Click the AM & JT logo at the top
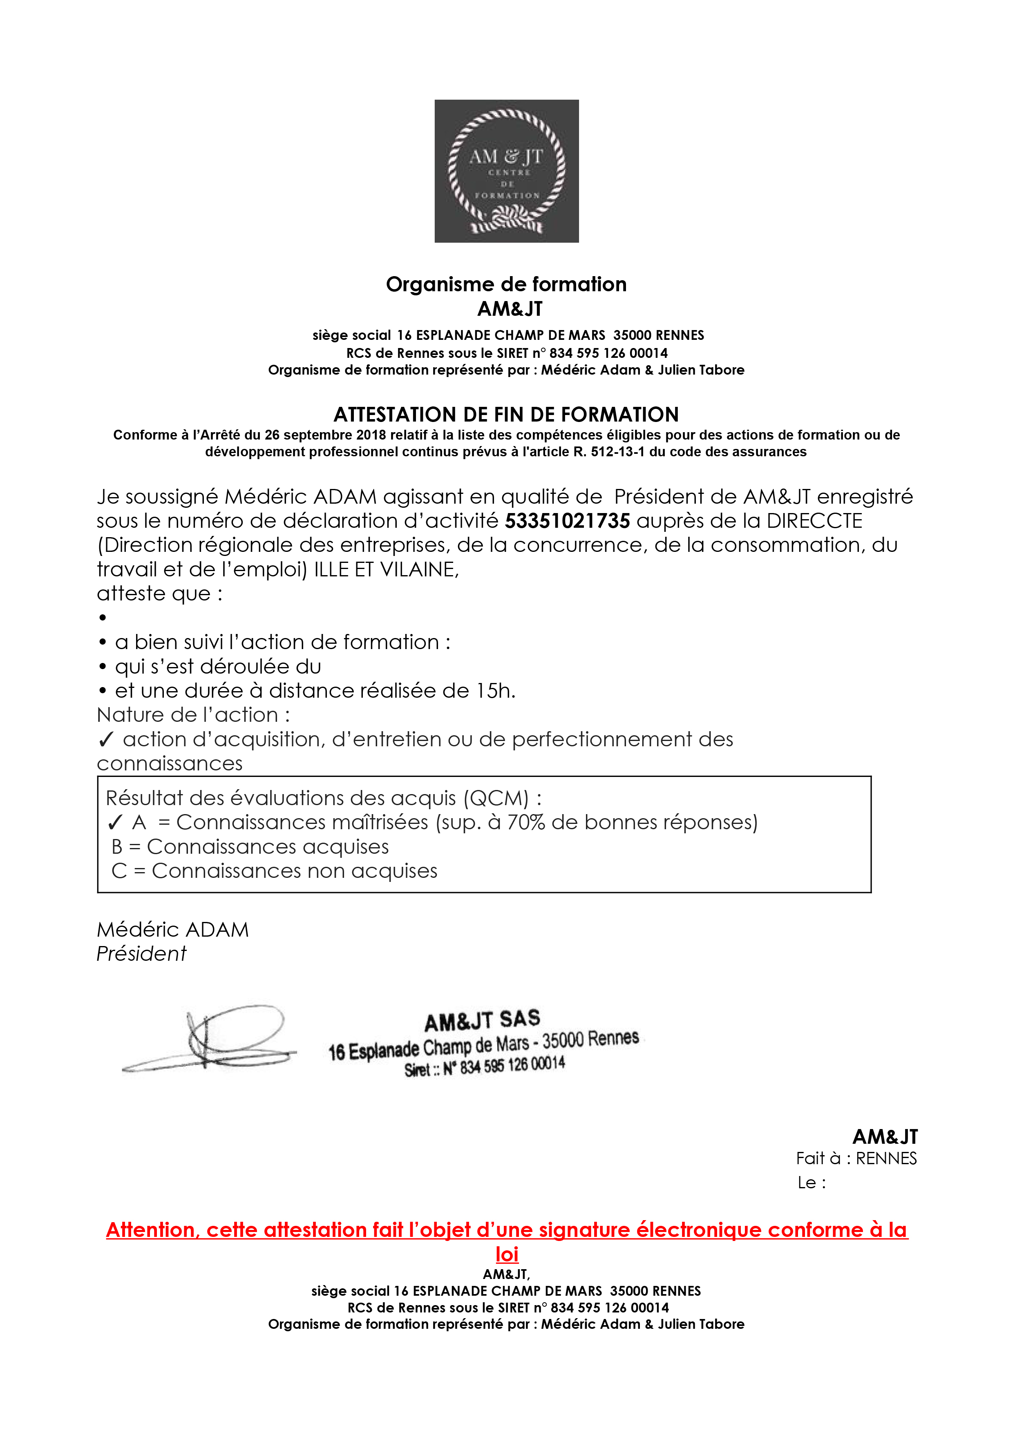[507, 171]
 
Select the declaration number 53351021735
[567, 521]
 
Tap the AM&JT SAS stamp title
[482, 1020]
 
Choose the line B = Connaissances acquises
[250, 846]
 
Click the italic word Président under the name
[141, 954]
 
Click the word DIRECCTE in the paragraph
[814, 521]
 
